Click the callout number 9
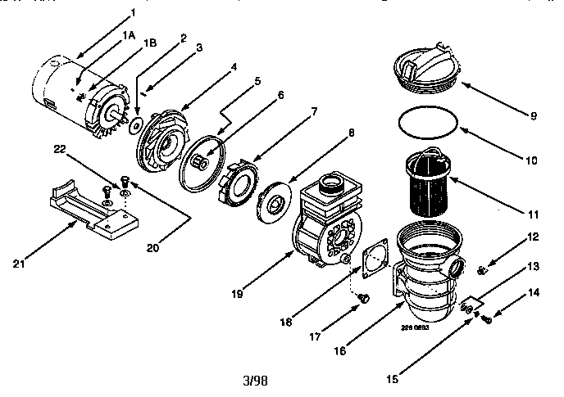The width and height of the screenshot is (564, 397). (x=533, y=115)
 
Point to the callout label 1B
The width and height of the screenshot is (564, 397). (x=151, y=42)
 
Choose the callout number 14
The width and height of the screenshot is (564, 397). (x=534, y=291)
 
